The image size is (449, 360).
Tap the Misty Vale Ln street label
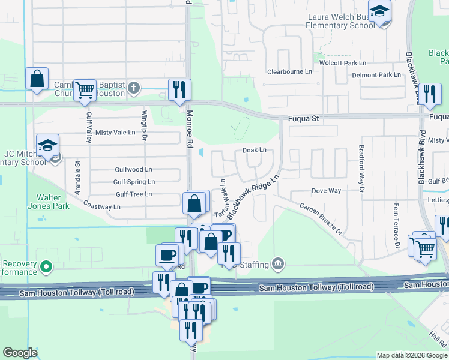(x=115, y=133)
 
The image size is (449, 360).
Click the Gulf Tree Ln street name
(x=134, y=194)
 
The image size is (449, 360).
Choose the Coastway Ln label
(x=102, y=206)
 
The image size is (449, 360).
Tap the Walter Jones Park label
(x=53, y=202)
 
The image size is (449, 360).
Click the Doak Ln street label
(x=254, y=150)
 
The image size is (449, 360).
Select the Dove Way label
(x=326, y=191)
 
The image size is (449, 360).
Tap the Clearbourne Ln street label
(x=289, y=71)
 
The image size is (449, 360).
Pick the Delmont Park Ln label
(x=376, y=75)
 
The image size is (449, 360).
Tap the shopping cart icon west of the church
(x=85, y=90)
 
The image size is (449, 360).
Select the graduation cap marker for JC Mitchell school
(x=47, y=145)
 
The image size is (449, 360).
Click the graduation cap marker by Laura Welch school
(x=379, y=11)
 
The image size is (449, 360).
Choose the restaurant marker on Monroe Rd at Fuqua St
(x=179, y=90)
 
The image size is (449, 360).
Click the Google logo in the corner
(x=20, y=353)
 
